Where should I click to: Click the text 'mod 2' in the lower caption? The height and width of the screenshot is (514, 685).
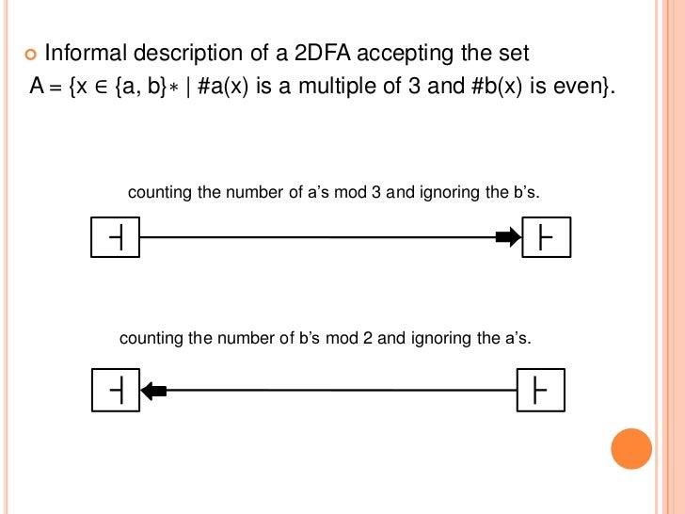click(355, 338)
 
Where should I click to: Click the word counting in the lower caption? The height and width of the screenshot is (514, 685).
click(151, 338)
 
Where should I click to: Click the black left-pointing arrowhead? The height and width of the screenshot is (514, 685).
click(153, 390)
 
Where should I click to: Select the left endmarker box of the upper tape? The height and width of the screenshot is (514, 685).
click(115, 238)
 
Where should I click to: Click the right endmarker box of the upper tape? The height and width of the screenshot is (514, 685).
click(546, 238)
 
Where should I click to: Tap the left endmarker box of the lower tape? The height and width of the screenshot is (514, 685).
click(115, 390)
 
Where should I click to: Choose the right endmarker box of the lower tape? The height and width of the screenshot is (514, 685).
click(541, 390)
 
